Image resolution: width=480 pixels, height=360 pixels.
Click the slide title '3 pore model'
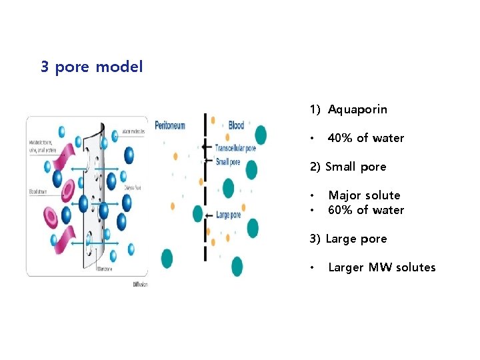[91, 67]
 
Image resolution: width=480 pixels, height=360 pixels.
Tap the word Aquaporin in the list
[357, 109]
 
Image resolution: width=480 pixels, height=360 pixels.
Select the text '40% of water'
[366, 138]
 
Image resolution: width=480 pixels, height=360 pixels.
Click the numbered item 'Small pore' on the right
[355, 167]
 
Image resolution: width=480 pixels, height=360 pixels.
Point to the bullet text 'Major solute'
[364, 195]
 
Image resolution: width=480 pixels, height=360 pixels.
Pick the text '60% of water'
[366, 210]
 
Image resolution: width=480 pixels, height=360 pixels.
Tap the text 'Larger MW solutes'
[381, 267]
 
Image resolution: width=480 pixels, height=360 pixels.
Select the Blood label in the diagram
[237, 125]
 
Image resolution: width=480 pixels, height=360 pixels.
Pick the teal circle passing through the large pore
[197, 214]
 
